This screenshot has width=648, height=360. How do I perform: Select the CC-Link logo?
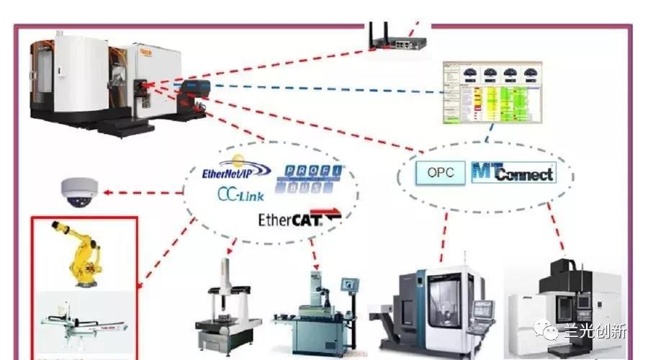tap(240, 195)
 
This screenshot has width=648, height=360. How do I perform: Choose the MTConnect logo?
tap(513, 173)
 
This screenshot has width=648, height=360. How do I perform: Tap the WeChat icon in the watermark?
tap(550, 331)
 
